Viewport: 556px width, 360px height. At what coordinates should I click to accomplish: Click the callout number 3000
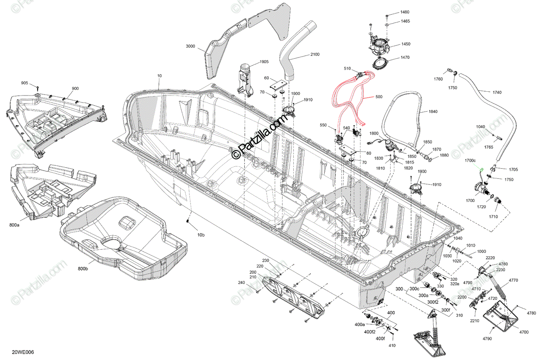(x=190, y=47)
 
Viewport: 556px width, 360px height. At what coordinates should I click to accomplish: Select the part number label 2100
(x=315, y=55)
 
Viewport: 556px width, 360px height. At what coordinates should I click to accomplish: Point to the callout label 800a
(x=14, y=225)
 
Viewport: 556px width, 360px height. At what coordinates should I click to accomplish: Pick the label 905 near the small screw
(x=25, y=83)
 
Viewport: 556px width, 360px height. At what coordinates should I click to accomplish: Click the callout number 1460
(x=405, y=12)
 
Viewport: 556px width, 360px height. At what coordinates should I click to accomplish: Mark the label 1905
(x=264, y=62)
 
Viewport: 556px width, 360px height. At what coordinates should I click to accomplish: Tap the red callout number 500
(x=379, y=98)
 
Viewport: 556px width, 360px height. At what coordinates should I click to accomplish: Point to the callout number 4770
(x=513, y=280)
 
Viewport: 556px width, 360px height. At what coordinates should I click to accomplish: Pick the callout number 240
(x=241, y=283)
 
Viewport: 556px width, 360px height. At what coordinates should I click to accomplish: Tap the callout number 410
(x=392, y=346)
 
